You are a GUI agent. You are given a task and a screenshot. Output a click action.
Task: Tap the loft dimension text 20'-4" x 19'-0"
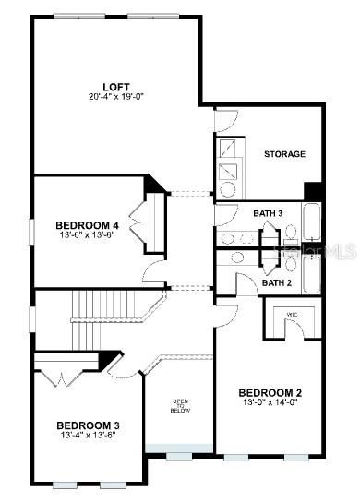(116, 97)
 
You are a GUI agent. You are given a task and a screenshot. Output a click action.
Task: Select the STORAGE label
(285, 154)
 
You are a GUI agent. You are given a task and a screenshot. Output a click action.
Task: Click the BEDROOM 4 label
(87, 225)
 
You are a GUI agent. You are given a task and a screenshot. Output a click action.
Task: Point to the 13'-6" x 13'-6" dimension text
(87, 236)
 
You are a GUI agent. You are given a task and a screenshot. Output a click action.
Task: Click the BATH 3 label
(269, 214)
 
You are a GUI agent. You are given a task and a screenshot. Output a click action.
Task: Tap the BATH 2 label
(276, 282)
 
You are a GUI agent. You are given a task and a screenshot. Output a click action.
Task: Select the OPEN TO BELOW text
(181, 407)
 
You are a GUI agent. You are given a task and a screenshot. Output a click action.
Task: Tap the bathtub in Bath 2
(312, 271)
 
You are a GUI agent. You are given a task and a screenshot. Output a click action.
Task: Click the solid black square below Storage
(314, 191)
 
